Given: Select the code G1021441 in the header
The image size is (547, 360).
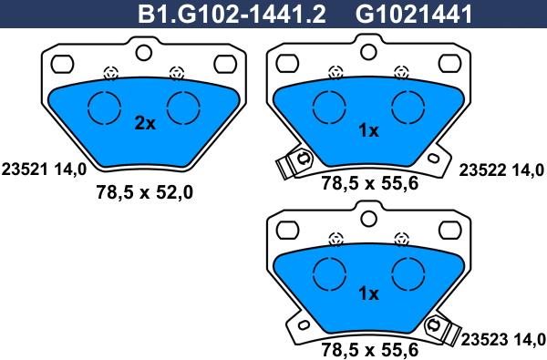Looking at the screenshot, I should (x=400, y=13).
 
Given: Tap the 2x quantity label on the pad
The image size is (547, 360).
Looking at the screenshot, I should (x=145, y=124).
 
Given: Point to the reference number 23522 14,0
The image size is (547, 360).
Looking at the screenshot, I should (x=501, y=168).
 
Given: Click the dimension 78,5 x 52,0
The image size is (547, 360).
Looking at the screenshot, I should (x=145, y=191).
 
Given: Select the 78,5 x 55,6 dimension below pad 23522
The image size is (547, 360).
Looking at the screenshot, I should (x=369, y=184).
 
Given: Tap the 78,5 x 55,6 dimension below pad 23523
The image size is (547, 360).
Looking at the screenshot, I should (x=369, y=349).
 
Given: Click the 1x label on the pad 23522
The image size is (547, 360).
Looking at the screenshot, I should (x=368, y=130).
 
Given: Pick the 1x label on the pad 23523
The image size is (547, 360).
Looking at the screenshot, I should (x=368, y=293).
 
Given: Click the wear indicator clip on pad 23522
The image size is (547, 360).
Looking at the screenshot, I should (x=291, y=164).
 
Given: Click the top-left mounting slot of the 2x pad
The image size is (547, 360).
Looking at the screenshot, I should (x=62, y=64).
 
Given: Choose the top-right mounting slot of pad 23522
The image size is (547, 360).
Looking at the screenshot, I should (x=449, y=66).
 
